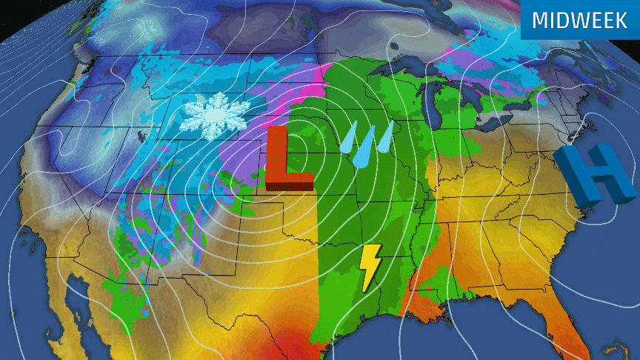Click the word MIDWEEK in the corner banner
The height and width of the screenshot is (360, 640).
(579, 19)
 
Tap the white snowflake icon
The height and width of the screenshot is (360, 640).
(216, 114)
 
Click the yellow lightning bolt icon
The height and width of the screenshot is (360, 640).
(369, 266)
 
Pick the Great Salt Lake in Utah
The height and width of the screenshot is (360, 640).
(140, 136)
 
